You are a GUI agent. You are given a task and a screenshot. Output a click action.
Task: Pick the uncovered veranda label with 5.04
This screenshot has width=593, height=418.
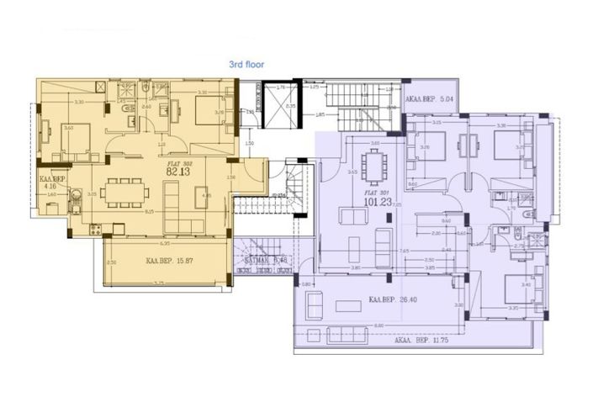tap(430, 99)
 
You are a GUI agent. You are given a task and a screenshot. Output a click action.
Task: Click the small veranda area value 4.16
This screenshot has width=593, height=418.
tap(50, 187)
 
